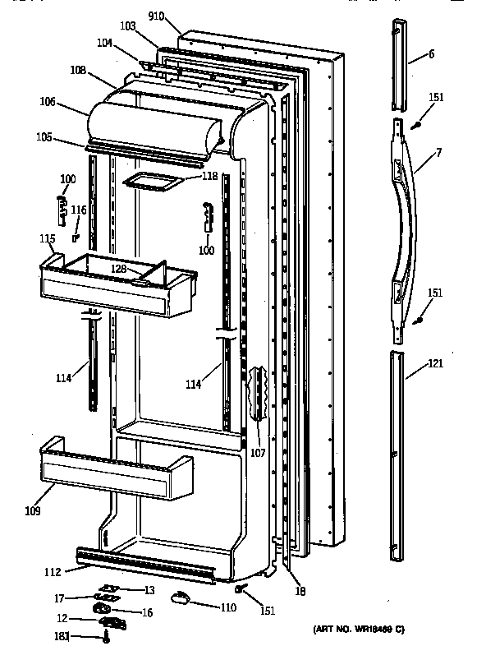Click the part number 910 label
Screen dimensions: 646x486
(157, 16)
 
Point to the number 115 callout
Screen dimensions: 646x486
(47, 238)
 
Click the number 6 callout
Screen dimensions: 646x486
(431, 54)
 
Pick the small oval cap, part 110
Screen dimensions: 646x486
(178, 601)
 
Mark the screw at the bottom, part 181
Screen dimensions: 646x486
(108, 635)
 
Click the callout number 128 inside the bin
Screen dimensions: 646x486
(120, 270)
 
